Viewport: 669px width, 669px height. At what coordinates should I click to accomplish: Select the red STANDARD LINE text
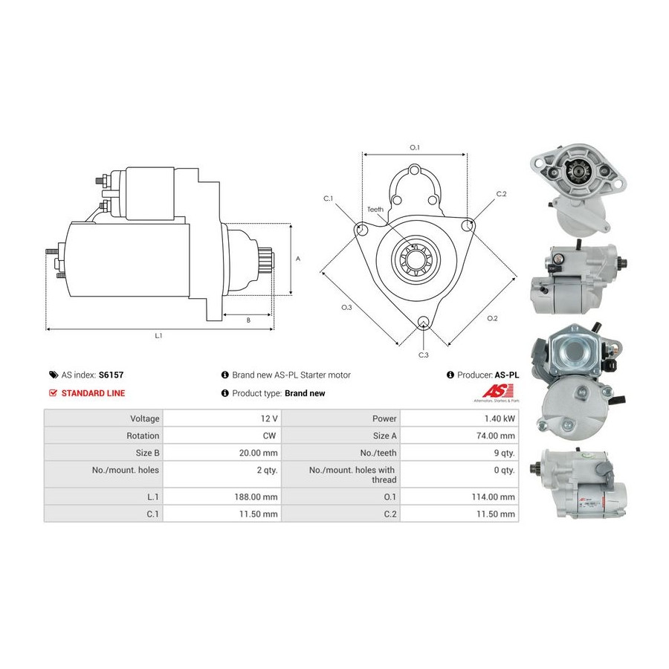[93, 393]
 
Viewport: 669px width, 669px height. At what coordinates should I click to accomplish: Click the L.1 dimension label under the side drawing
[158, 336]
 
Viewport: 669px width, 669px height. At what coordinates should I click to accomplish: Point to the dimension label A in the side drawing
[298, 259]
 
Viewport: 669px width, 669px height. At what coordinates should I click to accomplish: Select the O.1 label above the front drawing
[415, 147]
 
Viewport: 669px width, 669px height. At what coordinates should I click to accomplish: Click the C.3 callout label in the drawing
[424, 355]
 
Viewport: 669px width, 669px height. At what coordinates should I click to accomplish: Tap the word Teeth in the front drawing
[375, 210]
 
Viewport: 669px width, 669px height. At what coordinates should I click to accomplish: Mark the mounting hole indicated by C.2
[468, 224]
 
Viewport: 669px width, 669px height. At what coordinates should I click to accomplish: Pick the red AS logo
[493, 391]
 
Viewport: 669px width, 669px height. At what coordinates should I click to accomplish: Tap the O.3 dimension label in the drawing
[346, 307]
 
